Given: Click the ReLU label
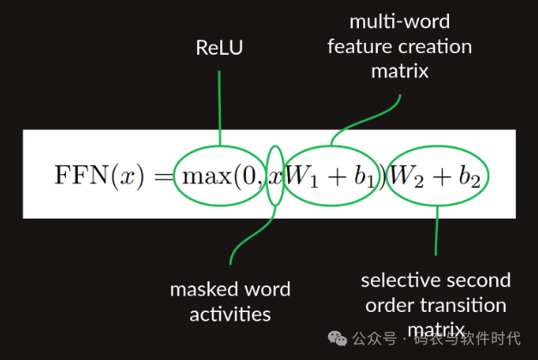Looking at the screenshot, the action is (219, 48).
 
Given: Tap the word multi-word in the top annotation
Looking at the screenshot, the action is (399, 21).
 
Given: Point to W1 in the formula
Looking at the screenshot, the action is (302, 177).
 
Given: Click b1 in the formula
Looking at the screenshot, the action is (364, 177).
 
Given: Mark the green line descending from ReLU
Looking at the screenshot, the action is (220, 103).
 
